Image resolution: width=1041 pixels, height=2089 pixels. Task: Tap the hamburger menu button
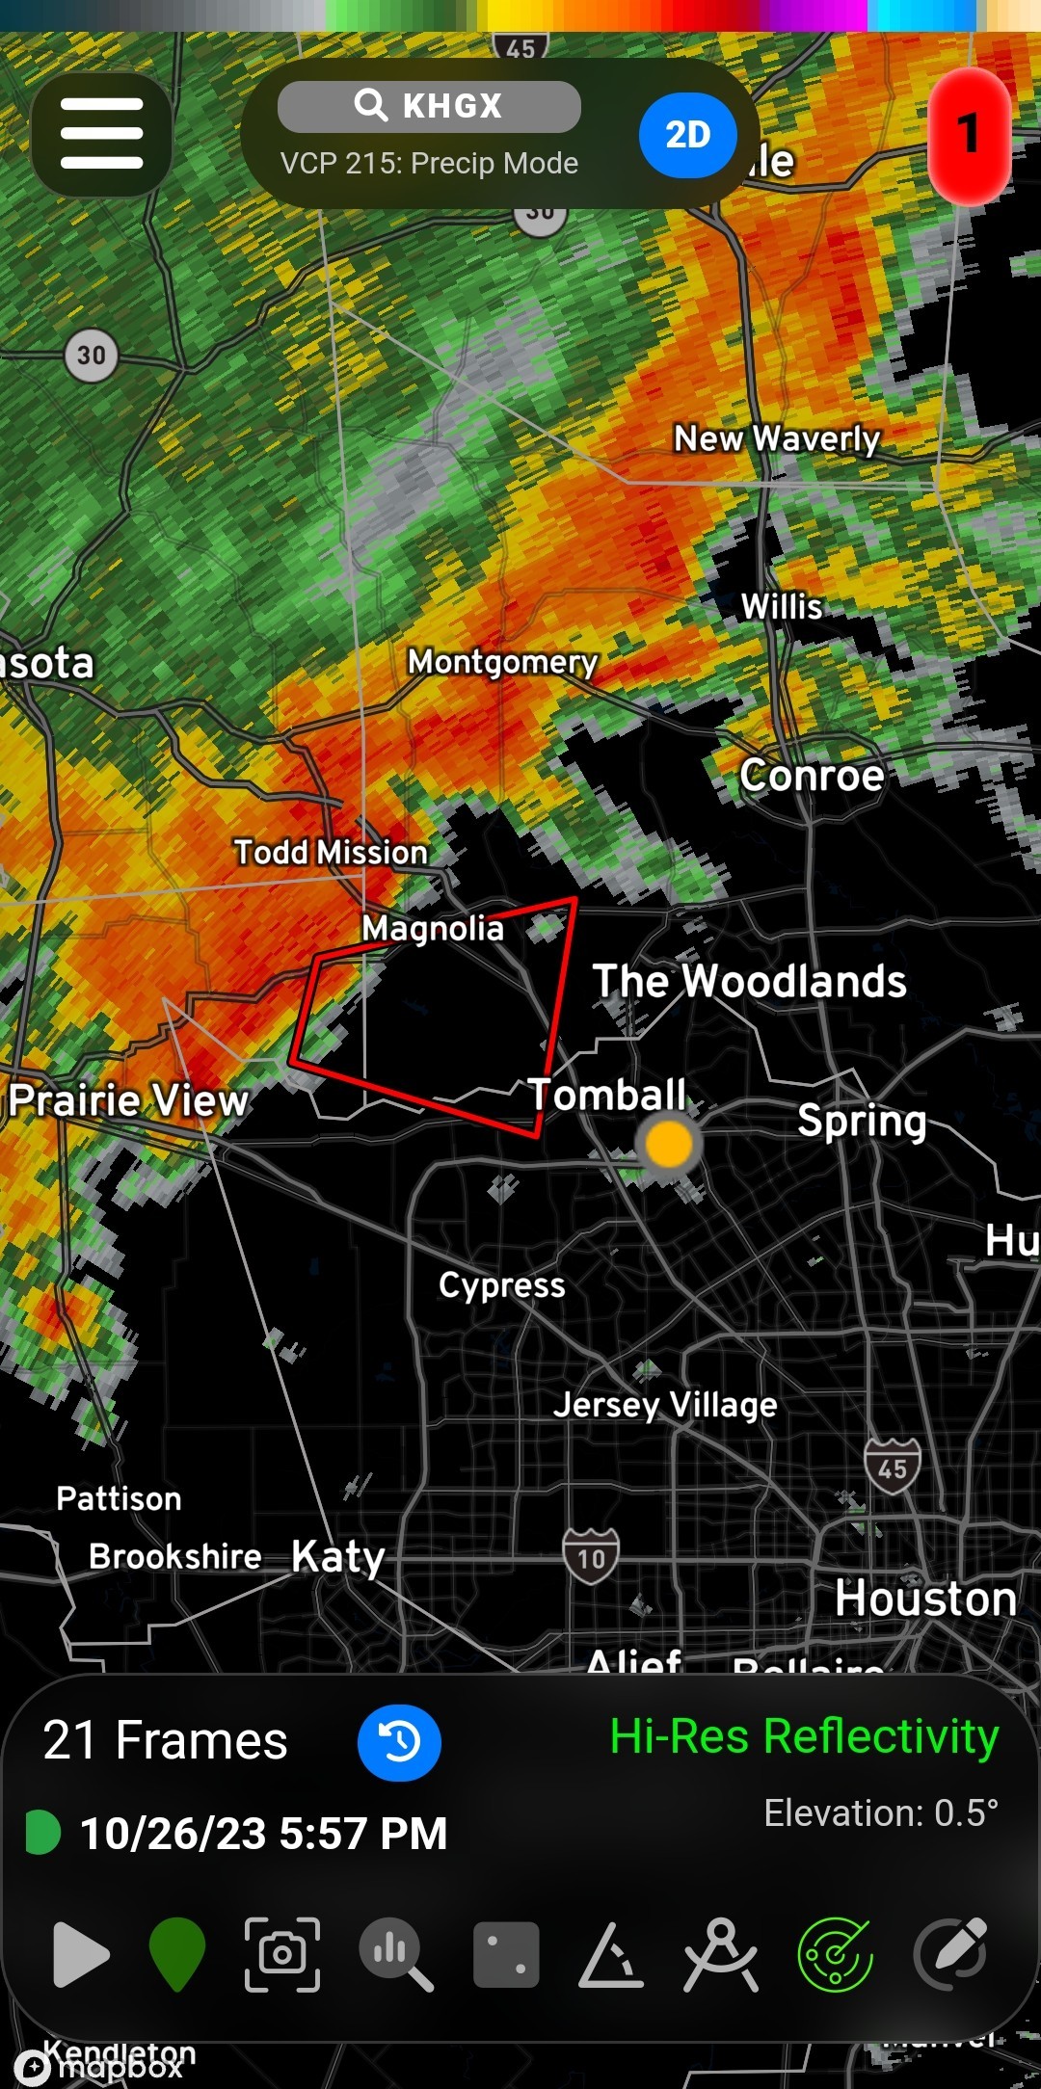[101, 134]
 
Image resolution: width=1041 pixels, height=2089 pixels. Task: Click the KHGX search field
[429, 106]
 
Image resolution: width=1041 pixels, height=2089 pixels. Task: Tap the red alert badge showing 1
[969, 135]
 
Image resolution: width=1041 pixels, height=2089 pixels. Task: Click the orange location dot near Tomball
[668, 1144]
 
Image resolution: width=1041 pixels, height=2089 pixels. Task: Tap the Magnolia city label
[433, 929]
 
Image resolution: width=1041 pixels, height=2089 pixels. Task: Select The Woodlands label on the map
[749, 982]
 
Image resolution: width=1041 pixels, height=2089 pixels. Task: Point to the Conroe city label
[812, 776]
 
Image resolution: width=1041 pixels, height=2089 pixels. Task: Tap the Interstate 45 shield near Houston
[892, 1467]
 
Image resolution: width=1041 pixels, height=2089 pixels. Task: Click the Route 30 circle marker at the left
[92, 356]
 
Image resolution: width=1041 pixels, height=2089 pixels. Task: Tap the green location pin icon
[177, 1953]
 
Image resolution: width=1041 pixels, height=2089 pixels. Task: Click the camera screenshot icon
[282, 1953]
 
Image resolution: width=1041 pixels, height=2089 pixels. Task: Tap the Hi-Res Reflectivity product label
[804, 1737]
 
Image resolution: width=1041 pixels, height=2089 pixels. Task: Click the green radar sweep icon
[835, 1954]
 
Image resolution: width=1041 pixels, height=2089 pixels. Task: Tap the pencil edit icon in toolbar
[950, 1953]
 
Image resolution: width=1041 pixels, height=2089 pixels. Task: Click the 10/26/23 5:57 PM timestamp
[262, 1833]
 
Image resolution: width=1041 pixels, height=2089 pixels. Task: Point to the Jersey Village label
[665, 1405]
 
